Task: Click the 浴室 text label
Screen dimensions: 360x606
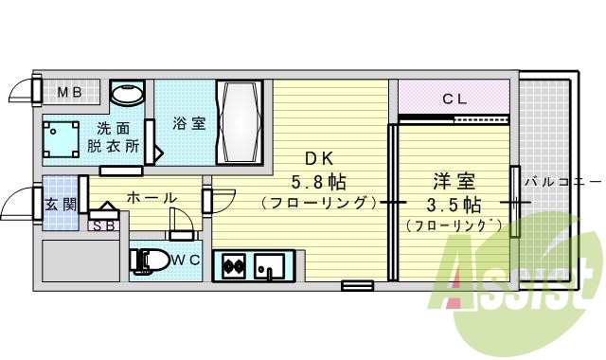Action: click(188, 124)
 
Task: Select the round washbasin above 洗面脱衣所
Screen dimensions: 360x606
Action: click(127, 94)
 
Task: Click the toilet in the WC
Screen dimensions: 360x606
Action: click(151, 259)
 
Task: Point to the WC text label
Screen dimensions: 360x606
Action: click(186, 259)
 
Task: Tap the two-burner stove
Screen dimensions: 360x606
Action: click(233, 266)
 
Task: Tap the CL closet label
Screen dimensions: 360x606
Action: click(454, 97)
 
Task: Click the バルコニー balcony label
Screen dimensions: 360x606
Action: click(562, 181)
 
